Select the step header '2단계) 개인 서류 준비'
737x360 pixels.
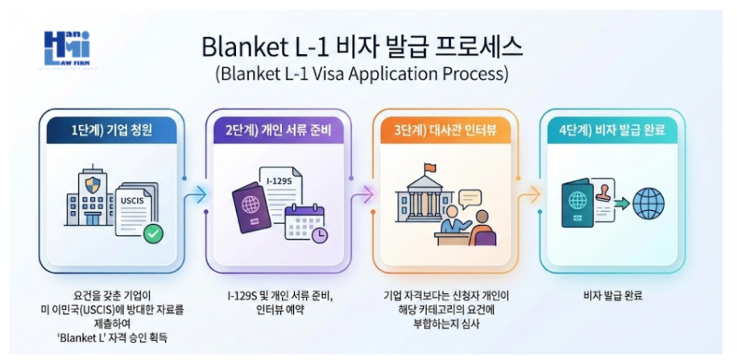(277, 129)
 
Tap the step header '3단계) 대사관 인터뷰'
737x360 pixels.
(444, 129)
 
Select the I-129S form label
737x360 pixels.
(277, 182)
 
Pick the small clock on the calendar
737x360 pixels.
(319, 235)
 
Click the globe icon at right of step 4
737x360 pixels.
(648, 202)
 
